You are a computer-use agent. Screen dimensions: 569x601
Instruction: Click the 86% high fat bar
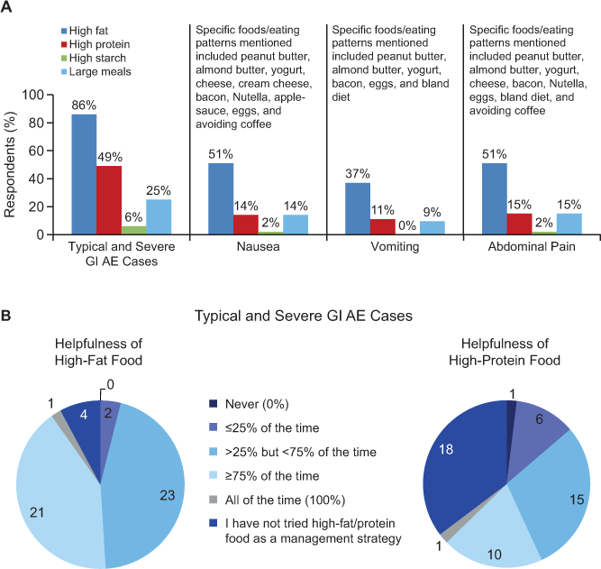(84, 174)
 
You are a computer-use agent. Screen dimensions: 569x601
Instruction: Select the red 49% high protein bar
(109, 200)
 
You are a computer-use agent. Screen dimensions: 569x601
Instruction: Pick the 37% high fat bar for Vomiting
(358, 208)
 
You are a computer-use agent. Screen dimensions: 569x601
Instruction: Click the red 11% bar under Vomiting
(383, 226)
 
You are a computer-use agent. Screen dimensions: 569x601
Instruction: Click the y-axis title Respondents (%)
(12, 163)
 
